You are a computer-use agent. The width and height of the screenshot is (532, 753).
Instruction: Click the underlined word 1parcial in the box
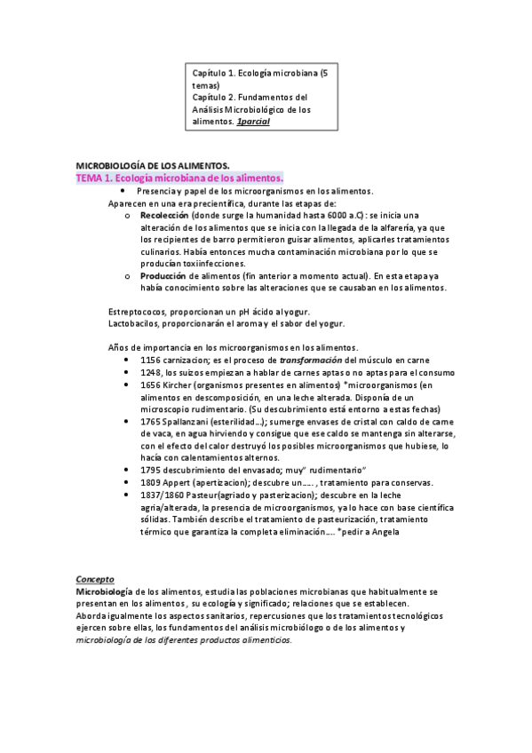[253, 121]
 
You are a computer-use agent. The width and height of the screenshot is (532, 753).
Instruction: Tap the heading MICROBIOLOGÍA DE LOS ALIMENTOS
[153, 165]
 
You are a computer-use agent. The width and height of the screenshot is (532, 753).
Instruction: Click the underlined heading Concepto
[95, 578]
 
